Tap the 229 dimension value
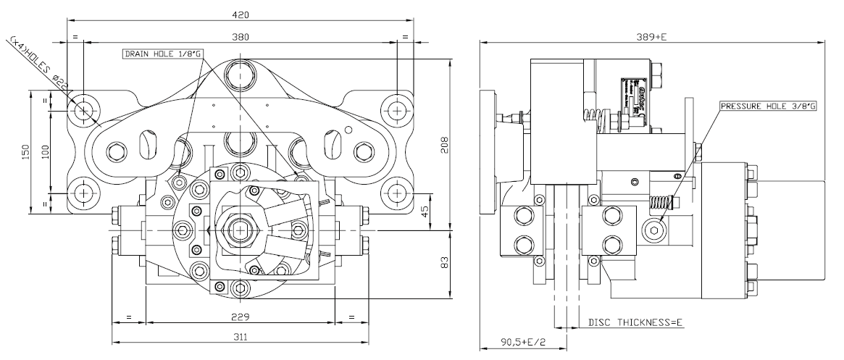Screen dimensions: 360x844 point(241,317)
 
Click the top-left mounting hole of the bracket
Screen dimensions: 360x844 point(85,109)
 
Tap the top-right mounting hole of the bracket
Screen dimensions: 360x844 point(396,109)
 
